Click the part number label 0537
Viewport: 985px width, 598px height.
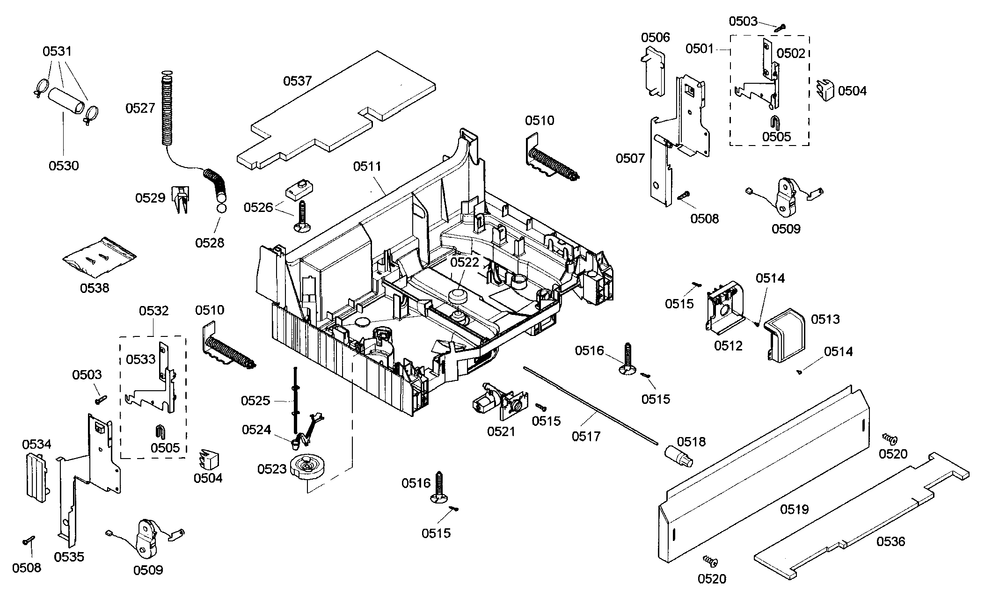297,81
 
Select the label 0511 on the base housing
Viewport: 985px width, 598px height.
367,166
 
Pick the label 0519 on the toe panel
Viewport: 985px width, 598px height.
794,509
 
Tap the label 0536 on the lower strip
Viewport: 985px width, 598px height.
890,541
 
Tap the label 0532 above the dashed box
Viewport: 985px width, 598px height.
153,311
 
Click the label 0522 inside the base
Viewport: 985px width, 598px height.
465,262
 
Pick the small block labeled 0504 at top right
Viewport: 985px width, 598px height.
826,90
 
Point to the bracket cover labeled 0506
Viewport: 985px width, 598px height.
654,70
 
